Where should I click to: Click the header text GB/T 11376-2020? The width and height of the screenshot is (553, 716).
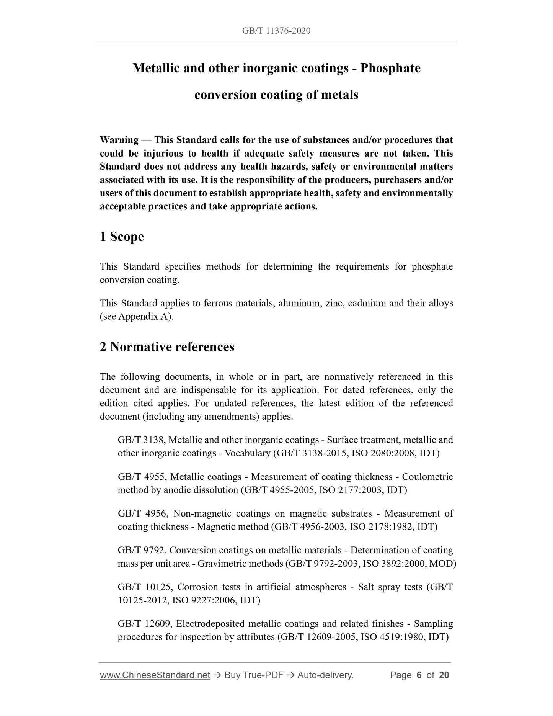(x=276, y=31)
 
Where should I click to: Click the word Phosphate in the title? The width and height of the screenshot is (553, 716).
(x=390, y=68)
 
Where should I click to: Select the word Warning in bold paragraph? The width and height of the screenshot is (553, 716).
(x=119, y=140)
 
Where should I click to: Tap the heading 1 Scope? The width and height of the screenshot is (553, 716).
(x=122, y=237)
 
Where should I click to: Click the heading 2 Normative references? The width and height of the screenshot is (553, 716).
(x=167, y=347)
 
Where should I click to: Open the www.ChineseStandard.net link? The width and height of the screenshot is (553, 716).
(x=155, y=675)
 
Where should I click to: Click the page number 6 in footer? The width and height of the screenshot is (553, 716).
(x=419, y=675)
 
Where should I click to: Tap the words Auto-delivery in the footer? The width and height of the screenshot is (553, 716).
(x=325, y=675)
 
